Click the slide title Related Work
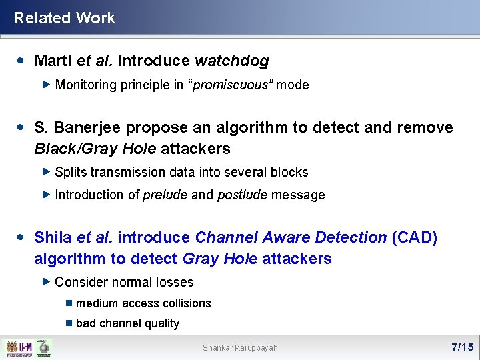point(64,18)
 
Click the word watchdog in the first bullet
point(231,61)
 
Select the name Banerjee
point(90,127)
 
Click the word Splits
point(71,172)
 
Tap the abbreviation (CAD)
point(415,238)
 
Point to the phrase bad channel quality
point(127,323)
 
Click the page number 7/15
point(462,347)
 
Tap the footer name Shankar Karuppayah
point(240,348)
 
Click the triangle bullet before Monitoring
point(45,85)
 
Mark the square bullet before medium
point(69,303)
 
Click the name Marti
point(53,61)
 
